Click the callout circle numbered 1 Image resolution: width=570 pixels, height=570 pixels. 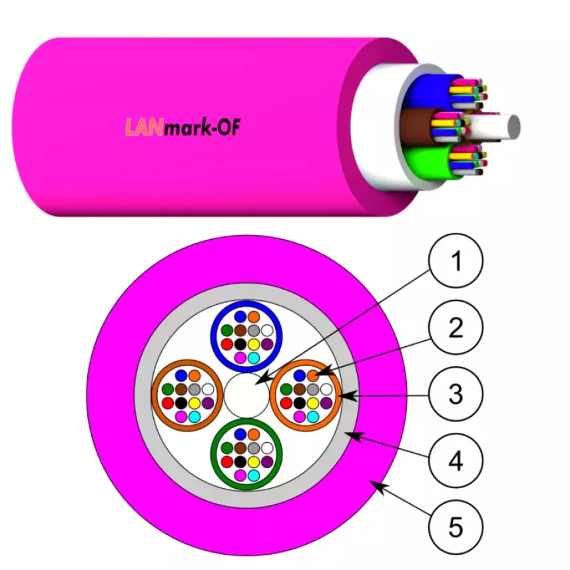click(456, 260)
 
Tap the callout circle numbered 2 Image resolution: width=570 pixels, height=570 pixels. click(456, 327)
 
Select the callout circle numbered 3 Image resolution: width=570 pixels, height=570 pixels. click(456, 394)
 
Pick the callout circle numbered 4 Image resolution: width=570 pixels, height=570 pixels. click(456, 461)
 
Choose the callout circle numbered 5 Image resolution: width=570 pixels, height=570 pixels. click(456, 527)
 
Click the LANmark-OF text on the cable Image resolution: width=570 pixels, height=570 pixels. click(182, 127)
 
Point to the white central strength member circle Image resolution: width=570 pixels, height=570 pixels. click(246, 395)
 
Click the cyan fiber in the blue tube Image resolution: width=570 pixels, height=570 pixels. click(254, 358)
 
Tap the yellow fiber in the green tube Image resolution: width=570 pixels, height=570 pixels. click(254, 462)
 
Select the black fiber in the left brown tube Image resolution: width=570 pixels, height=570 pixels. click(181, 403)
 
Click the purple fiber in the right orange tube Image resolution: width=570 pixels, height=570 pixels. click(326, 403)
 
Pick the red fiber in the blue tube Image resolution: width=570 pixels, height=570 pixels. click(227, 344)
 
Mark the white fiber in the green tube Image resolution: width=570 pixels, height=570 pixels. click(267, 448)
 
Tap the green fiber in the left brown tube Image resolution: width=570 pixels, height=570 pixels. click(168, 390)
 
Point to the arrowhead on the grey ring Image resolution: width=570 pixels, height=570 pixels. click(353, 435)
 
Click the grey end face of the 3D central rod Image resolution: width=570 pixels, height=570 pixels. click(514, 127)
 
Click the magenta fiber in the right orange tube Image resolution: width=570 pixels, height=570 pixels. click(299, 417)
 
